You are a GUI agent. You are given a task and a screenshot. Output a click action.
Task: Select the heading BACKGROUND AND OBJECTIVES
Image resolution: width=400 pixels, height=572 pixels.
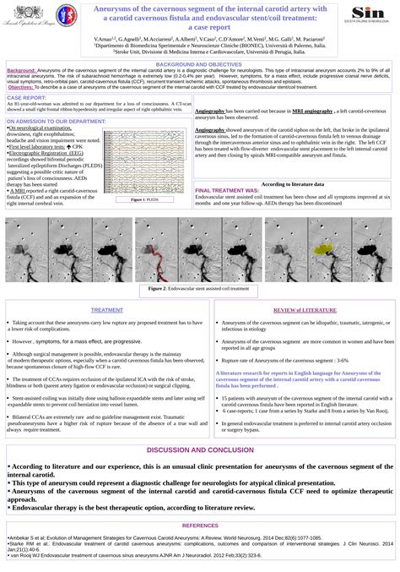tap(199, 64)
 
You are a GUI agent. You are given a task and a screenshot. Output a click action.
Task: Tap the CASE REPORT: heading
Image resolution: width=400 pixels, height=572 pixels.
tap(25, 97)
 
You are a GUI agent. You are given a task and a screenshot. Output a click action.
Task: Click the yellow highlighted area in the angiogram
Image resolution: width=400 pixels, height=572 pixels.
tap(322, 249)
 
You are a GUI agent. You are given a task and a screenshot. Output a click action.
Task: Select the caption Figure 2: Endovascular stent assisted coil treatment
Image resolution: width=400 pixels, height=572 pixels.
tap(199, 288)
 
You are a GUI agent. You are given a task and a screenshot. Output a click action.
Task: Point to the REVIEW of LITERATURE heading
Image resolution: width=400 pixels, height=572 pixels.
tap(292, 310)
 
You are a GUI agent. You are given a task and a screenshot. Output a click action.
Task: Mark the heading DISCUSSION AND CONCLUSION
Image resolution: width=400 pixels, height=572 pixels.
tap(199, 449)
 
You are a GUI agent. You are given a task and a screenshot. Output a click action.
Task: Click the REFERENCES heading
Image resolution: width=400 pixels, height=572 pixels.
tap(199, 526)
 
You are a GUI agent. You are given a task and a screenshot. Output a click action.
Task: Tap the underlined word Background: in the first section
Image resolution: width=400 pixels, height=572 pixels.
tap(22, 70)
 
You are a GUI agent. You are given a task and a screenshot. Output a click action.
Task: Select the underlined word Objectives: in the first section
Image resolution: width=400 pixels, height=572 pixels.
tap(21, 87)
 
